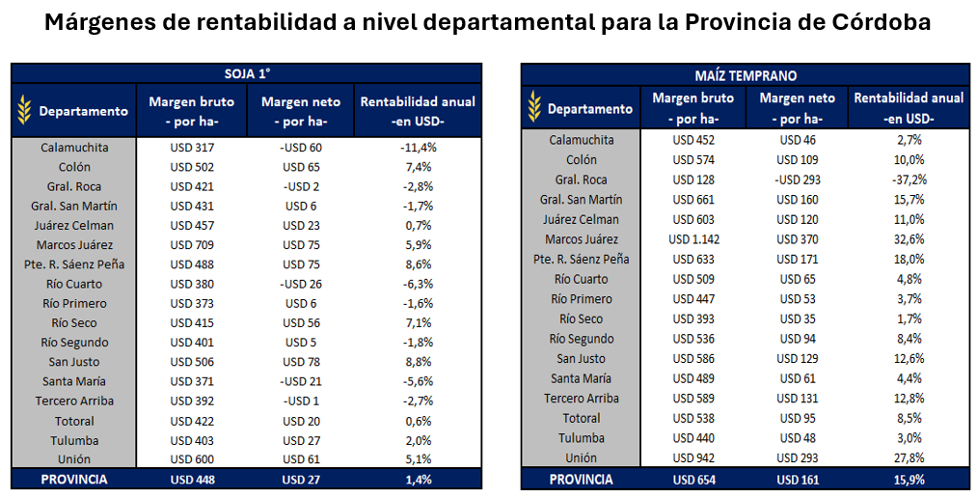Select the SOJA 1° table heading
coord(246,73)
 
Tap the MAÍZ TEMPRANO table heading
coord(746,74)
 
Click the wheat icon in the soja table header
coord(24,110)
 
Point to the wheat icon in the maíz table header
coord(533,108)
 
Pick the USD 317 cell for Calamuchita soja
coord(192,148)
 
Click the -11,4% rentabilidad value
coord(419,148)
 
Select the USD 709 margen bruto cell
coord(192,245)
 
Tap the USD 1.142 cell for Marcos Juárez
coord(693,239)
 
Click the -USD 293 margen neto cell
coord(796,180)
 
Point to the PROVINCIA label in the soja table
coord(74,479)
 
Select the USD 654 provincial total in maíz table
coord(693,479)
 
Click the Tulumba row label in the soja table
coord(74,440)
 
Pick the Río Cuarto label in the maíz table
coord(582,279)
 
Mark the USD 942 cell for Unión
coord(693,457)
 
